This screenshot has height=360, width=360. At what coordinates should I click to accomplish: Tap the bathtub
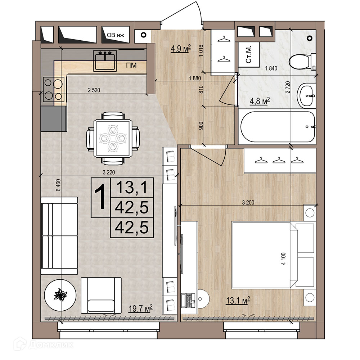277,127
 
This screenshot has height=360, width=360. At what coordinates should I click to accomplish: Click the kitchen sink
105,61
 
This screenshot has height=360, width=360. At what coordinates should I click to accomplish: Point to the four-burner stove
54,89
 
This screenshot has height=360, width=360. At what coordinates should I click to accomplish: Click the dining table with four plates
113,138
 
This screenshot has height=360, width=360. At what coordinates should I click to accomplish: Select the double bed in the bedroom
273,255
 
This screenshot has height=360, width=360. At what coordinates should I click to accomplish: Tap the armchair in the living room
101,296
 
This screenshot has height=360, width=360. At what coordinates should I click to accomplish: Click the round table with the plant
60,295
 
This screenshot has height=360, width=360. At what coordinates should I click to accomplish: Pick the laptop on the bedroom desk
188,301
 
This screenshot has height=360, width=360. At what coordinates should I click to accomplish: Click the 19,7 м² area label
140,309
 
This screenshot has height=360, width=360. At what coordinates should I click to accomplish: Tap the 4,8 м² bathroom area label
260,101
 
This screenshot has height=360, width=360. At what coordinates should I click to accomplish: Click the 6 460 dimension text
58,185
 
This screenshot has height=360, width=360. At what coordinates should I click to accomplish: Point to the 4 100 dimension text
283,259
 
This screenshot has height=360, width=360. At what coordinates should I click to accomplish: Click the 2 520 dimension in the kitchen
94,90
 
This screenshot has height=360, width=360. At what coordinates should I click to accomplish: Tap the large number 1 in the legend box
101,197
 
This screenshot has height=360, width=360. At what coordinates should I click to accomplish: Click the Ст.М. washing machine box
249,54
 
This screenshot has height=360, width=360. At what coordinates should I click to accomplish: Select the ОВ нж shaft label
116,35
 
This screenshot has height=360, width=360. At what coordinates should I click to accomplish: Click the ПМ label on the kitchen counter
131,66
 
